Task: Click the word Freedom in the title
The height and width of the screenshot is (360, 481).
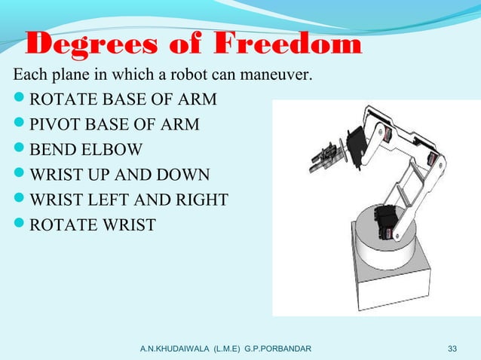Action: tap(288, 46)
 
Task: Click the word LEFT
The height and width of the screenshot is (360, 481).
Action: tap(114, 201)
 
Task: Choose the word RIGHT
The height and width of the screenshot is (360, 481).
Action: tap(198, 201)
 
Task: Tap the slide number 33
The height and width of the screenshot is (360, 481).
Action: tap(452, 349)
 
